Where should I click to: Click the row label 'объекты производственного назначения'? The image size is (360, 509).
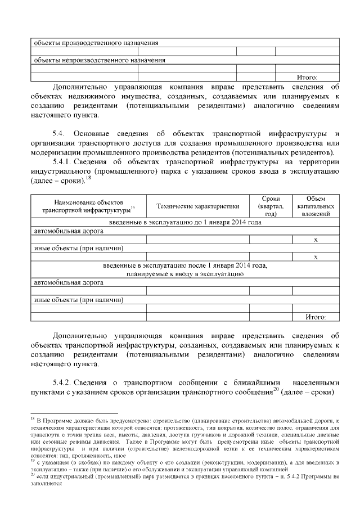96,42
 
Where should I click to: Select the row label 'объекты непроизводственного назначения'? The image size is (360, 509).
100,60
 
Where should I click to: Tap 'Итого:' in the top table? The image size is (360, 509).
307,77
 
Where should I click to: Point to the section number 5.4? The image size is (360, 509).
58,133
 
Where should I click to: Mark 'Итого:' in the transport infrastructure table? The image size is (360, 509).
316,317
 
